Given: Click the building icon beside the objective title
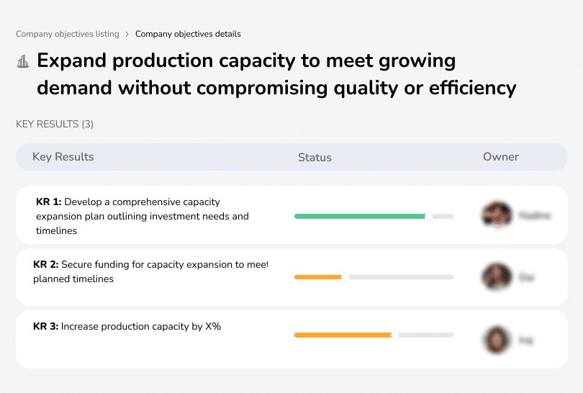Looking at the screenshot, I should (x=23, y=61).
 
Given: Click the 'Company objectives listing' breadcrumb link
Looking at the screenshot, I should (x=68, y=34).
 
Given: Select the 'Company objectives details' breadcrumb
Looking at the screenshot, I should (x=188, y=34).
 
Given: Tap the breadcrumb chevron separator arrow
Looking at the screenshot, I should (x=127, y=34).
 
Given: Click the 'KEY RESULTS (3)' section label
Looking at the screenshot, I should (x=55, y=124).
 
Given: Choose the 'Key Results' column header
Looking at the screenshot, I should (x=63, y=157).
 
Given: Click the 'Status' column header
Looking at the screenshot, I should (x=315, y=157).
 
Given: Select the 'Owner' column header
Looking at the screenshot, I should (x=501, y=157).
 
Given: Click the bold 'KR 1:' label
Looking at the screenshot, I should (x=49, y=202).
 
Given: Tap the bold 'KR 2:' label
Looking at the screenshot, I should (x=47, y=264).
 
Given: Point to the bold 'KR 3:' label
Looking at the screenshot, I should (x=47, y=326).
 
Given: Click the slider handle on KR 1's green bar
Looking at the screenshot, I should (x=428, y=216).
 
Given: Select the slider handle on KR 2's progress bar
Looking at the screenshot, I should (x=345, y=277).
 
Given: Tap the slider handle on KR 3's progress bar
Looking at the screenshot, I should (x=395, y=335).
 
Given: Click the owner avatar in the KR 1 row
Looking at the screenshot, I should (x=496, y=214).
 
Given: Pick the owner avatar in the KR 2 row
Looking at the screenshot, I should (x=496, y=276).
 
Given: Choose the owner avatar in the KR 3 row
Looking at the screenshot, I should (x=496, y=339).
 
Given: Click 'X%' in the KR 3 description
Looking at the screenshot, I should (x=213, y=326).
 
